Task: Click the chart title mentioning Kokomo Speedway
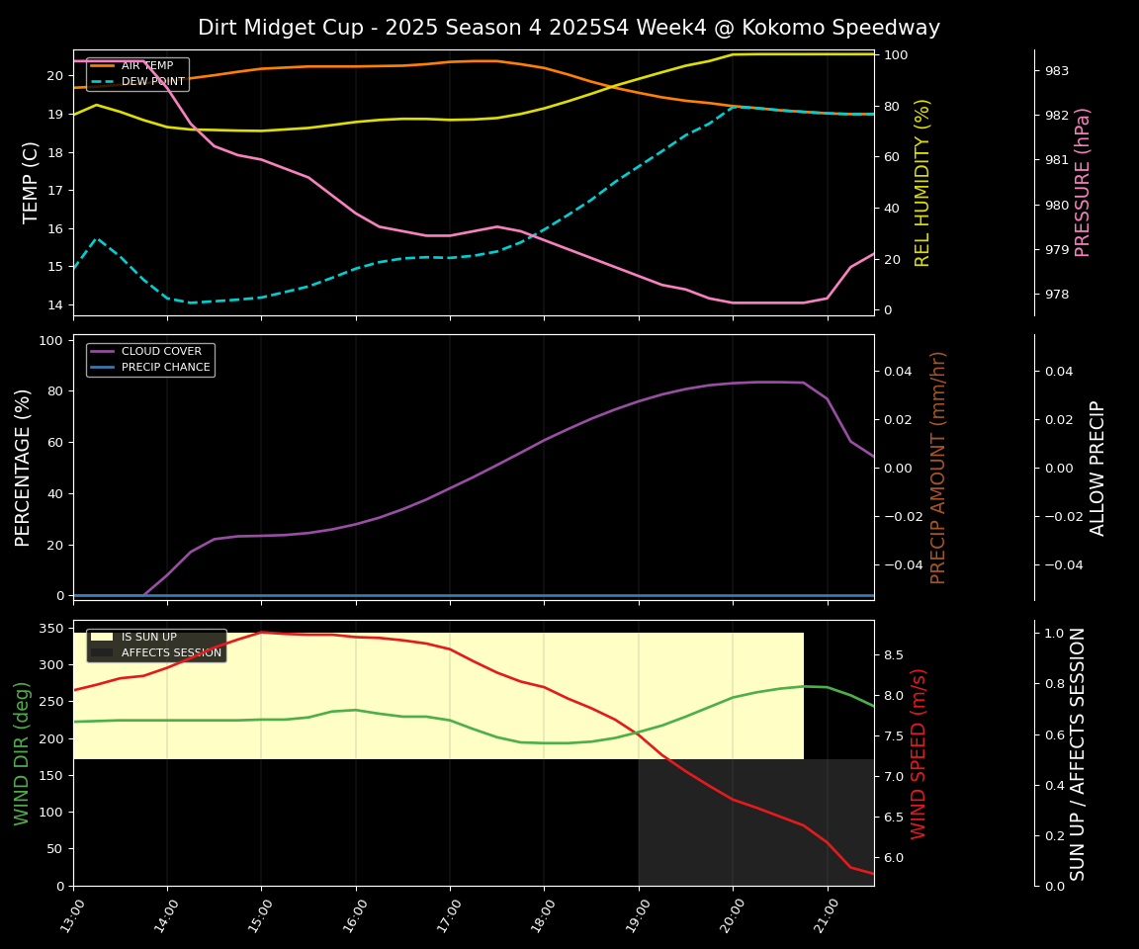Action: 569,28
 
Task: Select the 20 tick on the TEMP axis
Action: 55,76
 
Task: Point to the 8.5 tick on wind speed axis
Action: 894,655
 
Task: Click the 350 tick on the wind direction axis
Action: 53,628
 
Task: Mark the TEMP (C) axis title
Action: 31,182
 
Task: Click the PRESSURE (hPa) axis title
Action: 1084,182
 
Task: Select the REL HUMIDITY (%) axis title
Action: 922,182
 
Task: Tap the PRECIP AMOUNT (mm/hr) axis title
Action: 938,467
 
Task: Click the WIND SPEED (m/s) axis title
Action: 919,753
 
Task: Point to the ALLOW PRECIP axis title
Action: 1098,468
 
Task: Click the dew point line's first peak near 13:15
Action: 96,238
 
